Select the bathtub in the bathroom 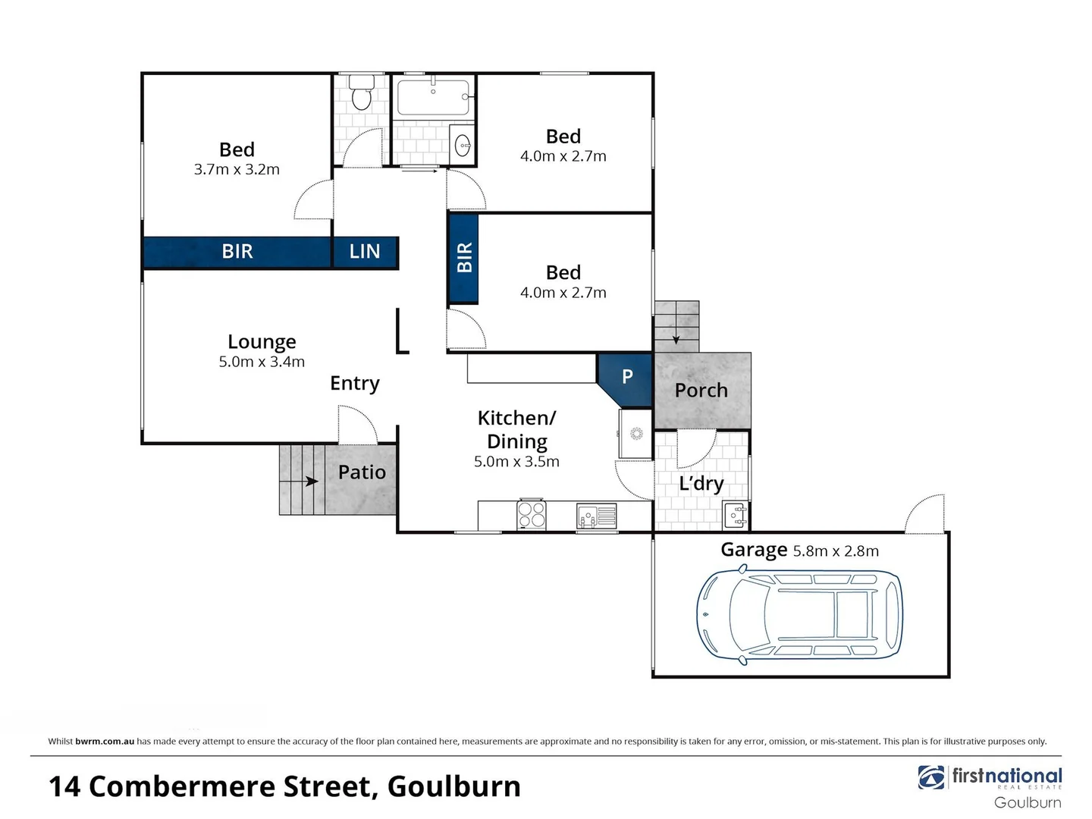432,97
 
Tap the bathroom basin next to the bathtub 462,143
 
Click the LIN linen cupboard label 365,252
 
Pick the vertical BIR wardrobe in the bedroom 463,259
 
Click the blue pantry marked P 626,377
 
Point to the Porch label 701,391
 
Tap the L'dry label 701,484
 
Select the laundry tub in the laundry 736,516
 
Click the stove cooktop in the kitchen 531,514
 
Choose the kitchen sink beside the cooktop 596,516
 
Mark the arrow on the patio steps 310,481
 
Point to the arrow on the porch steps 676,339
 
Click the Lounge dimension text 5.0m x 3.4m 262,362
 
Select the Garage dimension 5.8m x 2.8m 836,551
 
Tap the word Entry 354,384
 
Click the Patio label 362,472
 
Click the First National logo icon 930,777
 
